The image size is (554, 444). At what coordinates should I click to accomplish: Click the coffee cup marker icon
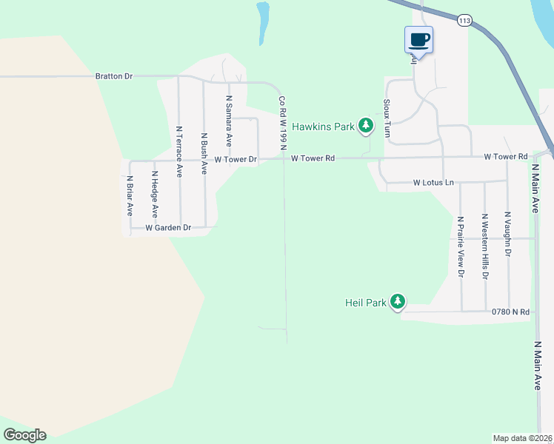point(418,39)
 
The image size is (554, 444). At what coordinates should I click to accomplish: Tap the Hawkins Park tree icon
point(365,127)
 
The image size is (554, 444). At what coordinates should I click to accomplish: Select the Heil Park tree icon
point(398,302)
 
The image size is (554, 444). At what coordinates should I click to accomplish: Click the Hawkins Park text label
point(323,127)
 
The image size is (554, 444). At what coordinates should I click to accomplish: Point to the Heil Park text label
point(366,303)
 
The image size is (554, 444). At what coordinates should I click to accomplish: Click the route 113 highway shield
point(464,21)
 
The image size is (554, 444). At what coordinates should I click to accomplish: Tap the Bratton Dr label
point(113,75)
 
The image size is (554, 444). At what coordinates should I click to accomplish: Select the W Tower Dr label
point(236,159)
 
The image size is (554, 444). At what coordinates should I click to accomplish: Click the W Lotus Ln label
point(433,182)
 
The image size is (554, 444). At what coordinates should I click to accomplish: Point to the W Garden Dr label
point(168,228)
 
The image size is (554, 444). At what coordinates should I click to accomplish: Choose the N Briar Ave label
point(130,194)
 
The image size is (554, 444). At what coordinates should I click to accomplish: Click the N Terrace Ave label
point(178,150)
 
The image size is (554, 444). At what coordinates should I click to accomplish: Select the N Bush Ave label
point(204,153)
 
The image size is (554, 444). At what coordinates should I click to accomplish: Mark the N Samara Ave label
point(229,121)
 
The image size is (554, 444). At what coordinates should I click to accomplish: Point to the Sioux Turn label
point(387,118)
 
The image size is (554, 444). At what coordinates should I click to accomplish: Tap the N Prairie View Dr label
point(460,246)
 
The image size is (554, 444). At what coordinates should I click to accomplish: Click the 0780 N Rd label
point(510,312)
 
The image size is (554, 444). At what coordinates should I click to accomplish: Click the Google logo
point(24,435)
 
